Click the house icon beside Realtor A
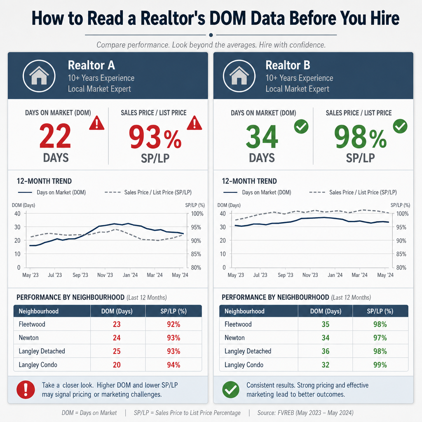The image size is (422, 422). (39, 76)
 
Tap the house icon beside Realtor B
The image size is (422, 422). (239, 76)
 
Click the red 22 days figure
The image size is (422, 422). (55, 136)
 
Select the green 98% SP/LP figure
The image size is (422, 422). (360, 137)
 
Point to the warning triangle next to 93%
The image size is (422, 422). (195, 123)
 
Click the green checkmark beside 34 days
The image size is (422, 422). (301, 127)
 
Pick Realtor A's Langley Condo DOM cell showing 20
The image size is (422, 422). (117, 365)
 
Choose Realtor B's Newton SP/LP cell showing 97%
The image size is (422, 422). (380, 338)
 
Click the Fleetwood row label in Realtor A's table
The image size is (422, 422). (32, 324)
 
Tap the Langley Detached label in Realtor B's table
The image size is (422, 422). (248, 351)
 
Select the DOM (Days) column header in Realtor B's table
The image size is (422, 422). (326, 311)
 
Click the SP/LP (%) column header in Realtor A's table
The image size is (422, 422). (173, 311)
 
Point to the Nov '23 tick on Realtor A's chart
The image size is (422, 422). (105, 275)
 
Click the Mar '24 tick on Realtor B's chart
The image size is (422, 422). (359, 275)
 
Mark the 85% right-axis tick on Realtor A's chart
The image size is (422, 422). (196, 254)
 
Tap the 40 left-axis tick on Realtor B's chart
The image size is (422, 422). (223, 214)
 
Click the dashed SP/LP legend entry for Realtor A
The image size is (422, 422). (148, 192)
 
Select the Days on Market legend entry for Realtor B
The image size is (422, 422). (257, 192)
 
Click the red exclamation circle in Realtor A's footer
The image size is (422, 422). (26, 390)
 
